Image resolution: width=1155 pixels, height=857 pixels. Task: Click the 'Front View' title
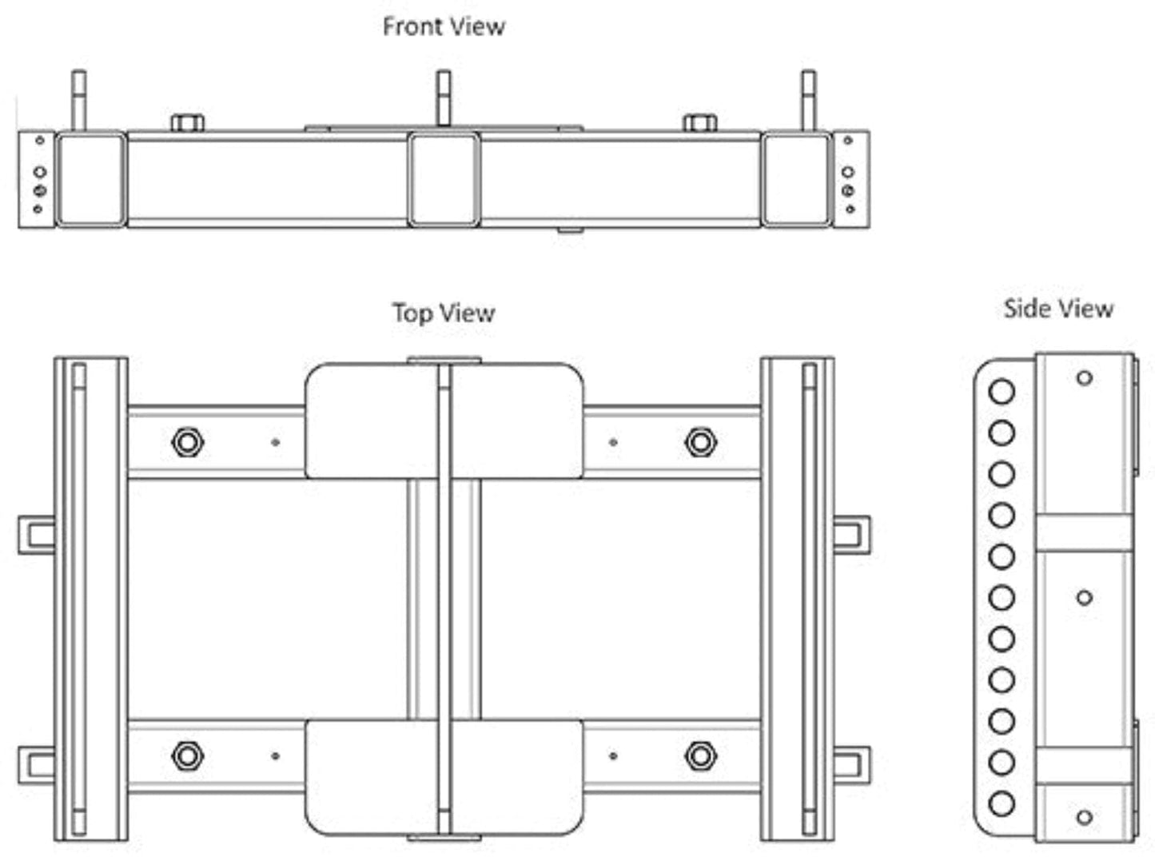click(x=444, y=26)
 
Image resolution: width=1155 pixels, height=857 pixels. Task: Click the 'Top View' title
click(x=444, y=313)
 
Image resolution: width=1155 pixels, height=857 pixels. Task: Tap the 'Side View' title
click(x=1058, y=309)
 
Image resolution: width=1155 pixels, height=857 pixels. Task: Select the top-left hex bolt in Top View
click(x=187, y=441)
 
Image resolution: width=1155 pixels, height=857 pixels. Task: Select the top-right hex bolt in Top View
click(x=700, y=441)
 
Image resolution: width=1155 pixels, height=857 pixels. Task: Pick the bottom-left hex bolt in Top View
click(x=187, y=755)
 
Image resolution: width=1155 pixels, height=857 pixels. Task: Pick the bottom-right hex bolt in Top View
click(x=700, y=755)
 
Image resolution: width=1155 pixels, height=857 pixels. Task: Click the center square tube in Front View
click(x=444, y=180)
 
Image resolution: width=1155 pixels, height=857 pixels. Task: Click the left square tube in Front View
click(x=90, y=180)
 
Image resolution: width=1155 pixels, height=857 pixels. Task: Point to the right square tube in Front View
click(x=796, y=180)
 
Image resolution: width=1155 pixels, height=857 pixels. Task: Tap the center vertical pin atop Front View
click(x=443, y=98)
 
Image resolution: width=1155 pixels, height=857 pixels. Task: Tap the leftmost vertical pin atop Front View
click(x=78, y=100)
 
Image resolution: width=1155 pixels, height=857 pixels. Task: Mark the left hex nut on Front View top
click(x=187, y=123)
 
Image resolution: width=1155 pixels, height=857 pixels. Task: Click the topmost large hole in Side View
click(x=1002, y=392)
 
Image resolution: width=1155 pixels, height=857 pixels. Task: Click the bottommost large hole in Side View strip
click(x=1002, y=803)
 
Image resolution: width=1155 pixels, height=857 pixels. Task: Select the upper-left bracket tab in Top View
click(x=37, y=535)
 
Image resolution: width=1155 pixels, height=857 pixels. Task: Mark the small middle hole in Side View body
click(x=1085, y=597)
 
